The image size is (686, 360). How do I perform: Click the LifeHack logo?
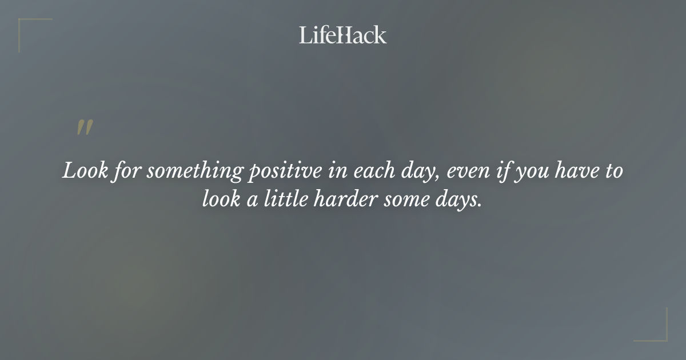[x=343, y=35]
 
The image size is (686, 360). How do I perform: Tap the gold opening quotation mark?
[x=85, y=128]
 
